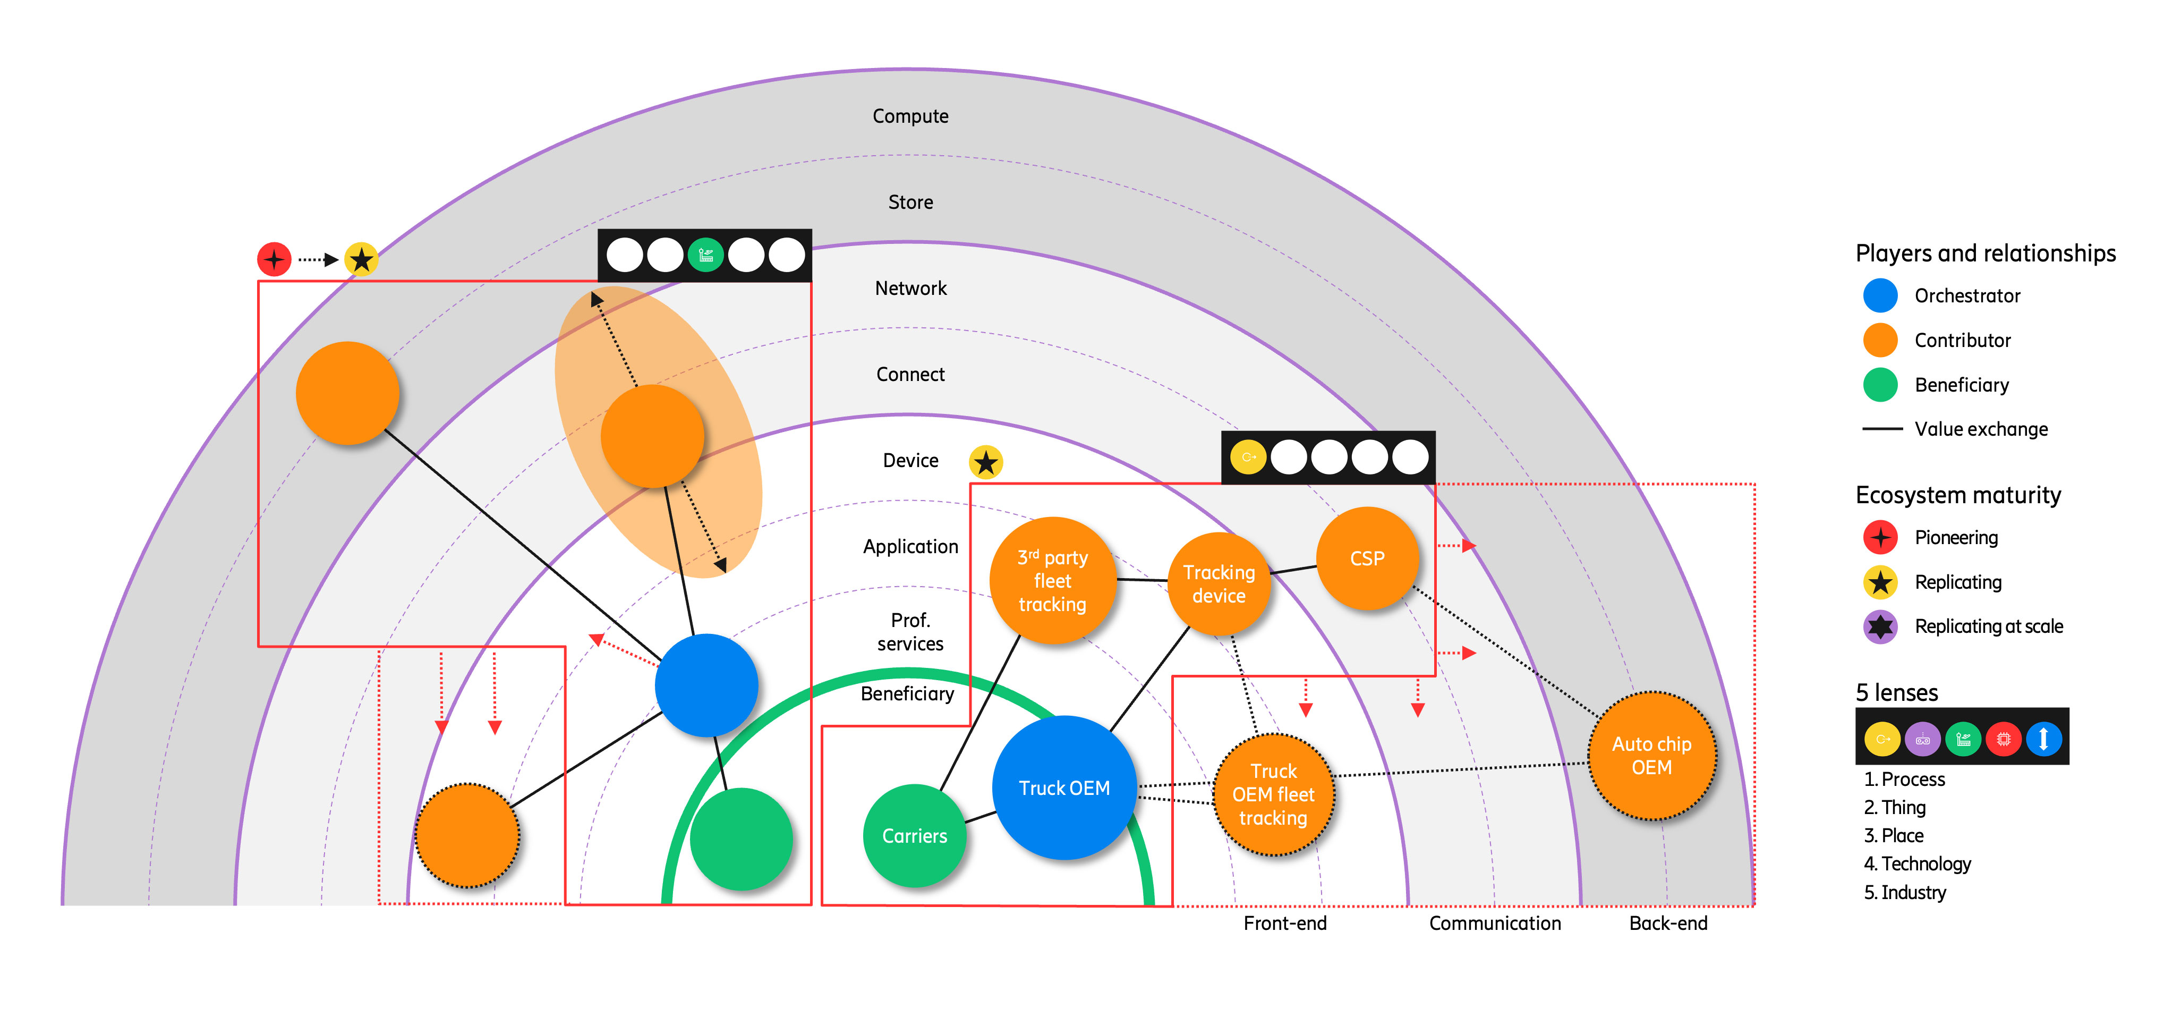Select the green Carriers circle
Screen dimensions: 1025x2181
(914, 836)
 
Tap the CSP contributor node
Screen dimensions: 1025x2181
(1367, 558)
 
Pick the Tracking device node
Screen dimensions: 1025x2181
(1219, 583)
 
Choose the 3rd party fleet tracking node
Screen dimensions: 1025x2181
(1052, 580)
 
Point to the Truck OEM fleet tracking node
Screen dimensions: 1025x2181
(1273, 794)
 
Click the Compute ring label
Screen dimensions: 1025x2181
(910, 116)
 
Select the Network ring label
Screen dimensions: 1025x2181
(910, 288)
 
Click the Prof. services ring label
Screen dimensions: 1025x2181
(910, 632)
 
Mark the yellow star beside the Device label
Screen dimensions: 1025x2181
(985, 462)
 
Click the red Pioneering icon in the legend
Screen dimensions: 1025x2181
(1880, 538)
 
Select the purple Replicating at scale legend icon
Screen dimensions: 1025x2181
(1880, 627)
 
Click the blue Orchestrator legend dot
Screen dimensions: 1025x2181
(1880, 295)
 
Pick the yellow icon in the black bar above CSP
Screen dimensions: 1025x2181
(1248, 458)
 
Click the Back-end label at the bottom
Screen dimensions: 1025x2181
(1668, 924)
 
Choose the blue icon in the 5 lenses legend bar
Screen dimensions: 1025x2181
(2043, 739)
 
